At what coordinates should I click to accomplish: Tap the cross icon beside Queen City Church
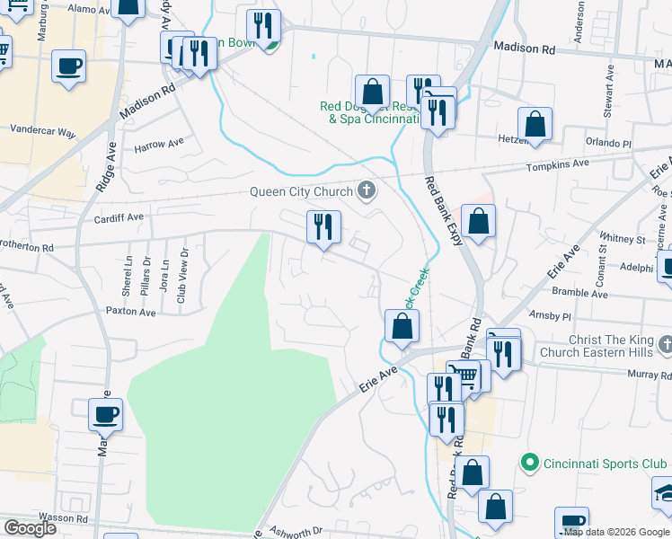(366, 190)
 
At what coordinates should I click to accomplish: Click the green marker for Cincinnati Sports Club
(530, 464)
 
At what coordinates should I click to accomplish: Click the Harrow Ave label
(159, 143)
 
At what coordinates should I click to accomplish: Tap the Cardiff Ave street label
(119, 217)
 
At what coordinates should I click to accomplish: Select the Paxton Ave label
(131, 313)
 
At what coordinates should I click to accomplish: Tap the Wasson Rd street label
(70, 518)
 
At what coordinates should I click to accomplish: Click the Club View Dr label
(182, 274)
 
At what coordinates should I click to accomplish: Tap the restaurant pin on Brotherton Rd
(324, 226)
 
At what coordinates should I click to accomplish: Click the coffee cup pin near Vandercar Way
(68, 66)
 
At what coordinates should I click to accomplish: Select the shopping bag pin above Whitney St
(479, 221)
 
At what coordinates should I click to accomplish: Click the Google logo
(31, 528)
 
